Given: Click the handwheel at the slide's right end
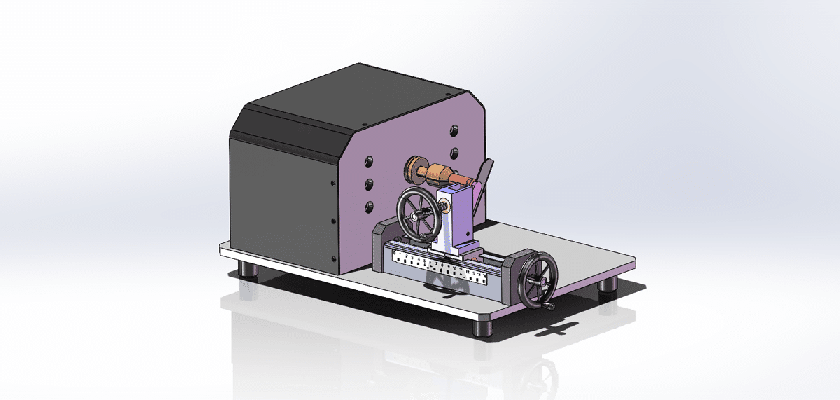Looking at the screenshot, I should click(535, 278).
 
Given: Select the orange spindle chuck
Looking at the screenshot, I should click(440, 172).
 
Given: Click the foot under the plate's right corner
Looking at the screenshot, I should click(608, 283).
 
